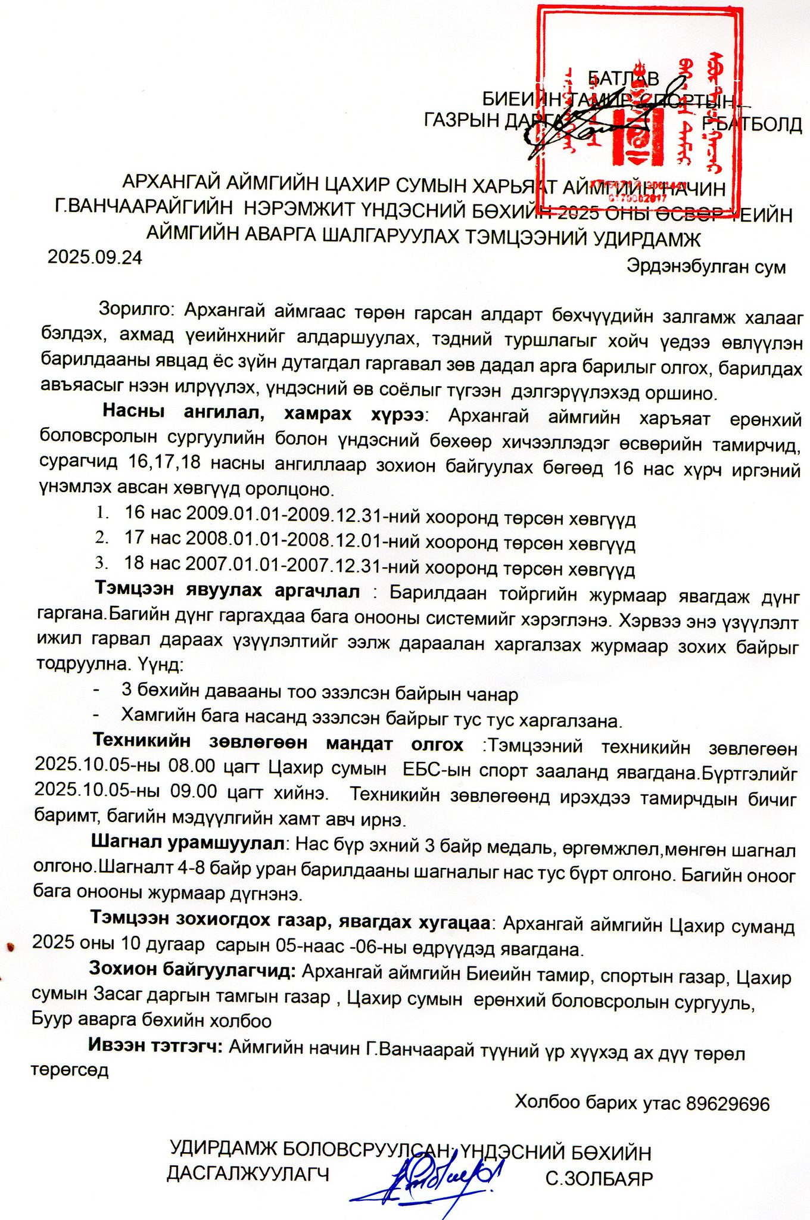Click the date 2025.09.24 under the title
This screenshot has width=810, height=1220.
pos(95,257)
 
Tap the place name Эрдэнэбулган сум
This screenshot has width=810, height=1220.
pos(706,266)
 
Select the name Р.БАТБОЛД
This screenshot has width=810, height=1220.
pos(752,125)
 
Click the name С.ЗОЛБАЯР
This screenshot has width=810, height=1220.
pos(599,1178)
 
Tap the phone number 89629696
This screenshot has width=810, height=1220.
pos(728,1104)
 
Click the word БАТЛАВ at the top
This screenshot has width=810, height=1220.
pos(623,79)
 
